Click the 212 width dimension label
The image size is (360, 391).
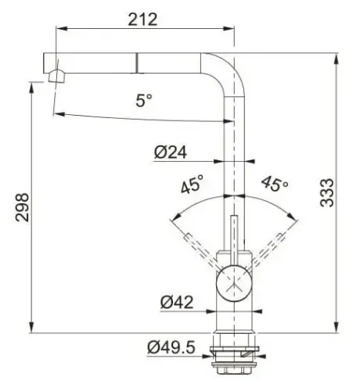tap(144, 19)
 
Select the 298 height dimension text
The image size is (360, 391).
tap(23, 209)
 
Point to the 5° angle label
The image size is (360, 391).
tap(144, 101)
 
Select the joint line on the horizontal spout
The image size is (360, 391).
tap(139, 62)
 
